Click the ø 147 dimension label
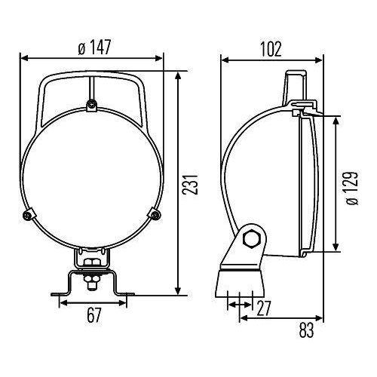pos(94,48)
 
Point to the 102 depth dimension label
pos(270,49)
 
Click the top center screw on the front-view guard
pos(91,103)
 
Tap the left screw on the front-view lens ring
pos(28,214)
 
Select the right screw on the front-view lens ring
pos(155,215)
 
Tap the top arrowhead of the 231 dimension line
pos(177,75)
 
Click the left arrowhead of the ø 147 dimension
pos(23,57)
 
